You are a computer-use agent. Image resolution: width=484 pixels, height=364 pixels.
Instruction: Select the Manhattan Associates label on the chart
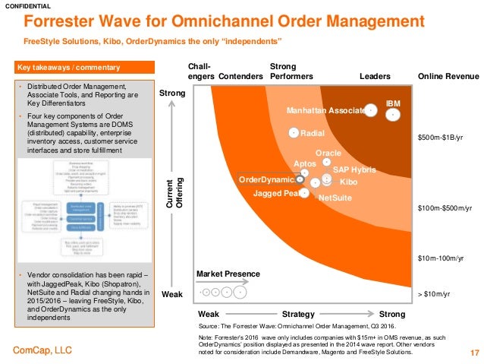click(x=325, y=110)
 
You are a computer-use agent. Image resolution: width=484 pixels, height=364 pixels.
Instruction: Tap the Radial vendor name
click(x=313, y=134)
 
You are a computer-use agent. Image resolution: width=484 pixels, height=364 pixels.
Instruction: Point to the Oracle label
click(x=328, y=154)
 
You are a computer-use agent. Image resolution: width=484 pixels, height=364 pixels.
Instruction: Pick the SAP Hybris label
click(x=354, y=169)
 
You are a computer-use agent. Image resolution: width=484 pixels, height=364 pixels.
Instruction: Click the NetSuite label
click(x=334, y=198)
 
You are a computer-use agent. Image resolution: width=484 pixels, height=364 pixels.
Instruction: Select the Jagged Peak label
click(x=275, y=194)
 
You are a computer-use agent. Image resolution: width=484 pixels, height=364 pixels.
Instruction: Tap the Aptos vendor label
click(x=304, y=163)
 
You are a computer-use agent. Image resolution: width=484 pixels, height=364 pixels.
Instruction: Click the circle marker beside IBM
click(x=393, y=115)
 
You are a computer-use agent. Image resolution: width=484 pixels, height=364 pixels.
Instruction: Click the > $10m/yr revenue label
click(x=434, y=293)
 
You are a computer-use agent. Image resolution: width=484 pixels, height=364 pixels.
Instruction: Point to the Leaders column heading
click(x=374, y=77)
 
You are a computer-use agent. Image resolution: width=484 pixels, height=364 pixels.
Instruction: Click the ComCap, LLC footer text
click(x=43, y=350)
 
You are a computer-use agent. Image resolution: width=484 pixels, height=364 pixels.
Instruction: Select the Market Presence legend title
click(x=228, y=274)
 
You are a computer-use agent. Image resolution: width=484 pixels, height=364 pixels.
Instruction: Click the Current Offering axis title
click(x=174, y=193)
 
